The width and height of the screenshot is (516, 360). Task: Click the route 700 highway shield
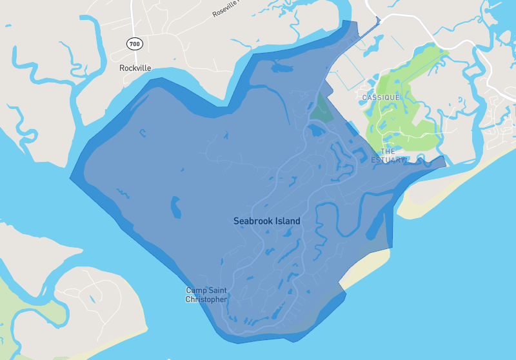[134, 44]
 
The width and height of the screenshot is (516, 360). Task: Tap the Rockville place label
[135, 67]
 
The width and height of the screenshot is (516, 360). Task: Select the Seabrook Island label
[266, 221]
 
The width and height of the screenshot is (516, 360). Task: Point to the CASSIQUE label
[381, 97]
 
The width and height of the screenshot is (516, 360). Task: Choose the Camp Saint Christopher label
[206, 295]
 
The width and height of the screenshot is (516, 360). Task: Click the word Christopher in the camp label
[206, 299]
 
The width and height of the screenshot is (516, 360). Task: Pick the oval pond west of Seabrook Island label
[175, 207]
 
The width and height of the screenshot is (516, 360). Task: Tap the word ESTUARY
[389, 160]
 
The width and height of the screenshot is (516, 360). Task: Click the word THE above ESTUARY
[387, 152]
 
